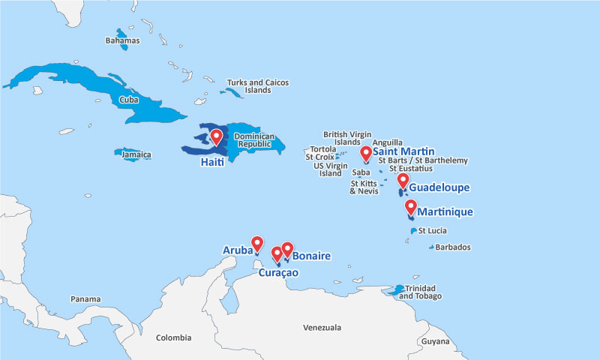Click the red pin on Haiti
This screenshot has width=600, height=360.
(x=217, y=136)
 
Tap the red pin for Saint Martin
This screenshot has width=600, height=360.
(x=365, y=154)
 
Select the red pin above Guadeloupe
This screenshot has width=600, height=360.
(x=403, y=181)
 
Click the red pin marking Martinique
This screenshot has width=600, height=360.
(x=410, y=207)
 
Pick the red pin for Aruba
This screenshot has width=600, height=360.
(x=257, y=243)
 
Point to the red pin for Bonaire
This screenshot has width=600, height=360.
(x=286, y=249)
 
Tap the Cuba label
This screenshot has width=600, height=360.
(x=128, y=99)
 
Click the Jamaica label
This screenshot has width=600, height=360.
(x=136, y=155)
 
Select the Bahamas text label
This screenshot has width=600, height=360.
(x=121, y=40)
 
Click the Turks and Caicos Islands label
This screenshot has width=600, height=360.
(x=257, y=86)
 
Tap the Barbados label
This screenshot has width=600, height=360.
(x=453, y=247)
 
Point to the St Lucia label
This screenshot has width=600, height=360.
(x=433, y=230)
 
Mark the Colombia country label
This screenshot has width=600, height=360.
(x=173, y=337)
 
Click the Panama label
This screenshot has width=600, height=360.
(x=85, y=299)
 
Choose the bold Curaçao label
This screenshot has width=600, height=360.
(x=278, y=273)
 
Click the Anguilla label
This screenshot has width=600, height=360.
(x=387, y=142)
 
